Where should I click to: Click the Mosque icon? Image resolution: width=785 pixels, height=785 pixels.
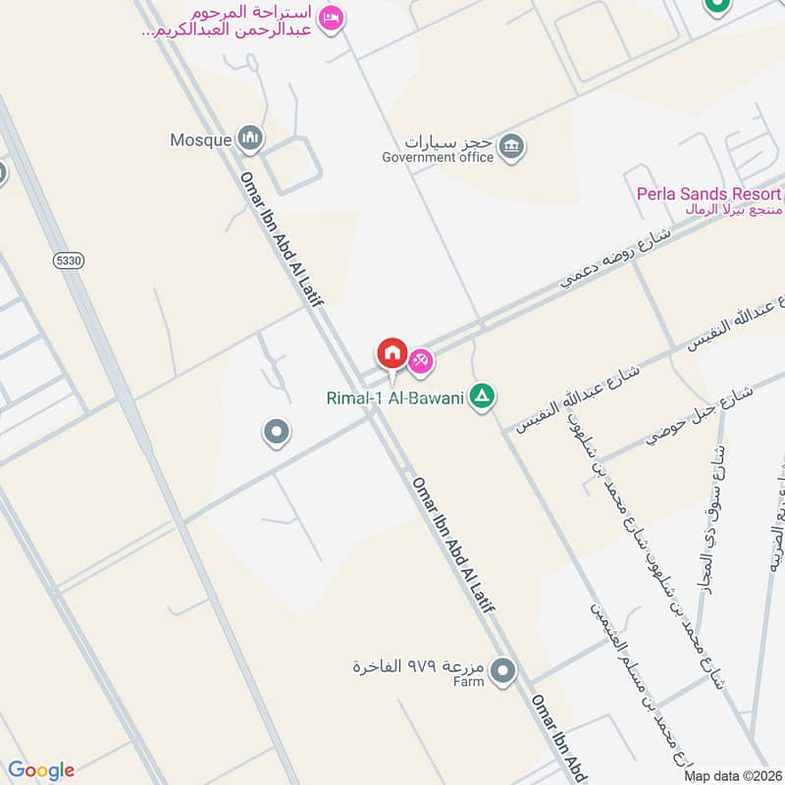click(x=250, y=139)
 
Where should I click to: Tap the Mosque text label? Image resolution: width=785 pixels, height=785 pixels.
click(x=200, y=140)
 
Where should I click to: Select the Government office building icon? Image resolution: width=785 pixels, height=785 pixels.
click(x=511, y=147)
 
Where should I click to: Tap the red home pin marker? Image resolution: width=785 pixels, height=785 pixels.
click(x=392, y=353)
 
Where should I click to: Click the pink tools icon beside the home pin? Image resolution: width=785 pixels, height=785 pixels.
click(x=421, y=362)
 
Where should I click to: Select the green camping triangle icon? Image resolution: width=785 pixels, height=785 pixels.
click(x=482, y=396)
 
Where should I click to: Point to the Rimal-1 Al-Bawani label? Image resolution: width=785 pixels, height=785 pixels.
click(x=396, y=397)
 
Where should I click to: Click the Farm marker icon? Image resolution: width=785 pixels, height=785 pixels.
click(x=503, y=671)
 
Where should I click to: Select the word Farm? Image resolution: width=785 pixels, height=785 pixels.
click(x=468, y=681)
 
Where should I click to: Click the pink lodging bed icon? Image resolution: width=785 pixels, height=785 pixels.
click(x=332, y=18)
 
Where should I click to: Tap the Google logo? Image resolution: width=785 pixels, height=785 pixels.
click(x=41, y=770)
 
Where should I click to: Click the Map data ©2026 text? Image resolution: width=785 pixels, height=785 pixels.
click(x=732, y=776)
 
